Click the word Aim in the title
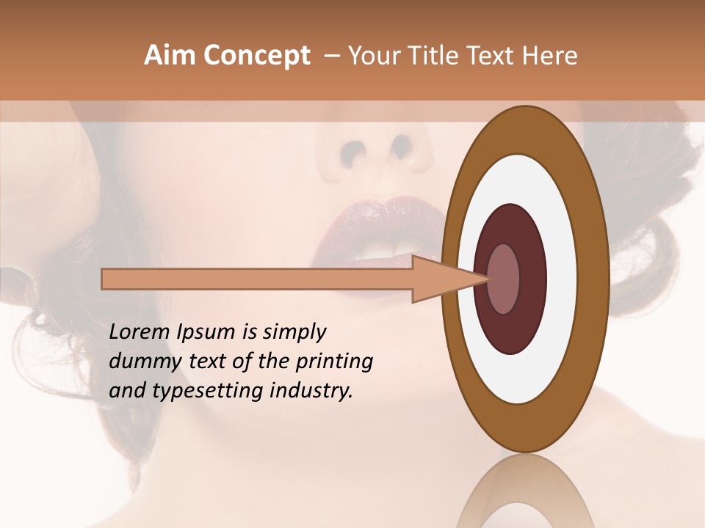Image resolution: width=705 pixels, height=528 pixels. [x=170, y=56]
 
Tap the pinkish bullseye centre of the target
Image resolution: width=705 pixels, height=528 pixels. [x=503, y=279]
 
